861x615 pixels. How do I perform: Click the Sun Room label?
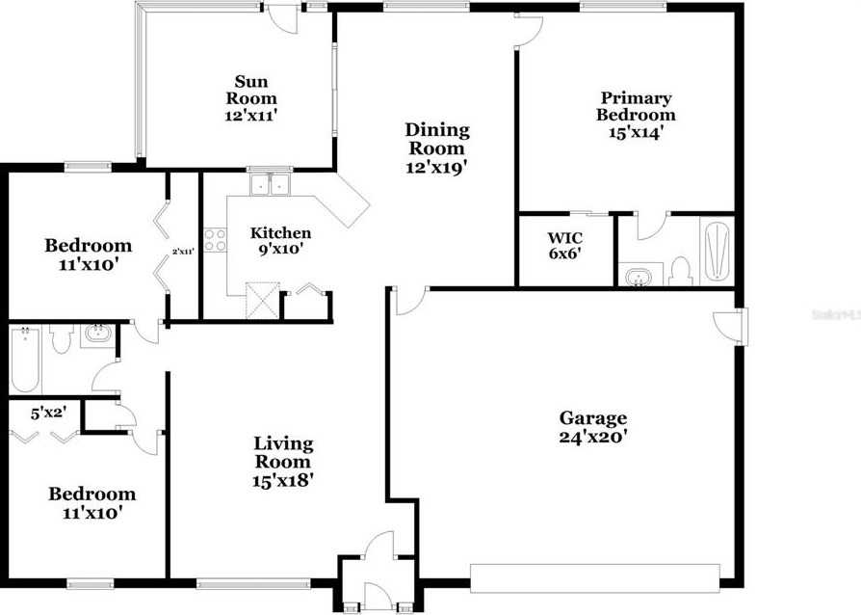point(250,98)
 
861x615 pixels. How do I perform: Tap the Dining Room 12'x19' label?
point(437,148)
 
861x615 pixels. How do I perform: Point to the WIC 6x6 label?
point(564,246)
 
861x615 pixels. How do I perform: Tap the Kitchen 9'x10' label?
point(280,241)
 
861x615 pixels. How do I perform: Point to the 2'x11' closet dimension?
point(183,252)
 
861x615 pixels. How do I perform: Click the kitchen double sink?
point(270,183)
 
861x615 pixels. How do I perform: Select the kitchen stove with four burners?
point(215,239)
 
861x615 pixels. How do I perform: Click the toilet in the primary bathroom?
point(680,271)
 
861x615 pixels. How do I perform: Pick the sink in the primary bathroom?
point(637,279)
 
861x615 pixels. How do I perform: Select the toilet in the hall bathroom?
point(61,339)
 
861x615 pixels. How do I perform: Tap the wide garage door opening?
point(594,576)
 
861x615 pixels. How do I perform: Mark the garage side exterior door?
point(730,325)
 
